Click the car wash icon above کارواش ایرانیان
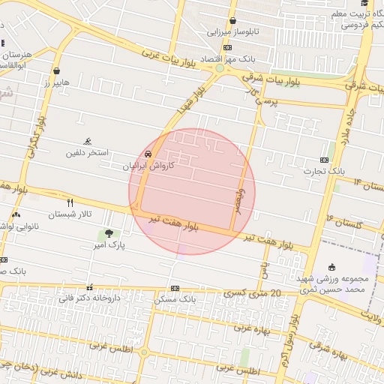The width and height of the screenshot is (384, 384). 148,153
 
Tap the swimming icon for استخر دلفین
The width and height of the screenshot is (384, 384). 88,141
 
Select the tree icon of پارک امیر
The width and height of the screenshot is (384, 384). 109,233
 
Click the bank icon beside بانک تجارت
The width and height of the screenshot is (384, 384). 324,160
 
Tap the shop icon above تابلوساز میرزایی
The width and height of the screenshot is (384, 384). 233,21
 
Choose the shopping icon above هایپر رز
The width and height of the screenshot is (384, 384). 56,71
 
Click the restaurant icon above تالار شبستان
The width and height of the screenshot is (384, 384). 70,202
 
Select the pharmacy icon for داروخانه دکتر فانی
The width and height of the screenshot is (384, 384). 90,287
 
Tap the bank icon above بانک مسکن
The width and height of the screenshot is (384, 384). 175,288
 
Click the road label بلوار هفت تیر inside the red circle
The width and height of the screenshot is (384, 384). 174,223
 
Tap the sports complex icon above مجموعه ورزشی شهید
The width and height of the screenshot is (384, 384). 333,268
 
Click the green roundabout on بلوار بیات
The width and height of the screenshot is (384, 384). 220,68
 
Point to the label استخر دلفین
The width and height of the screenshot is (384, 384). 88,152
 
